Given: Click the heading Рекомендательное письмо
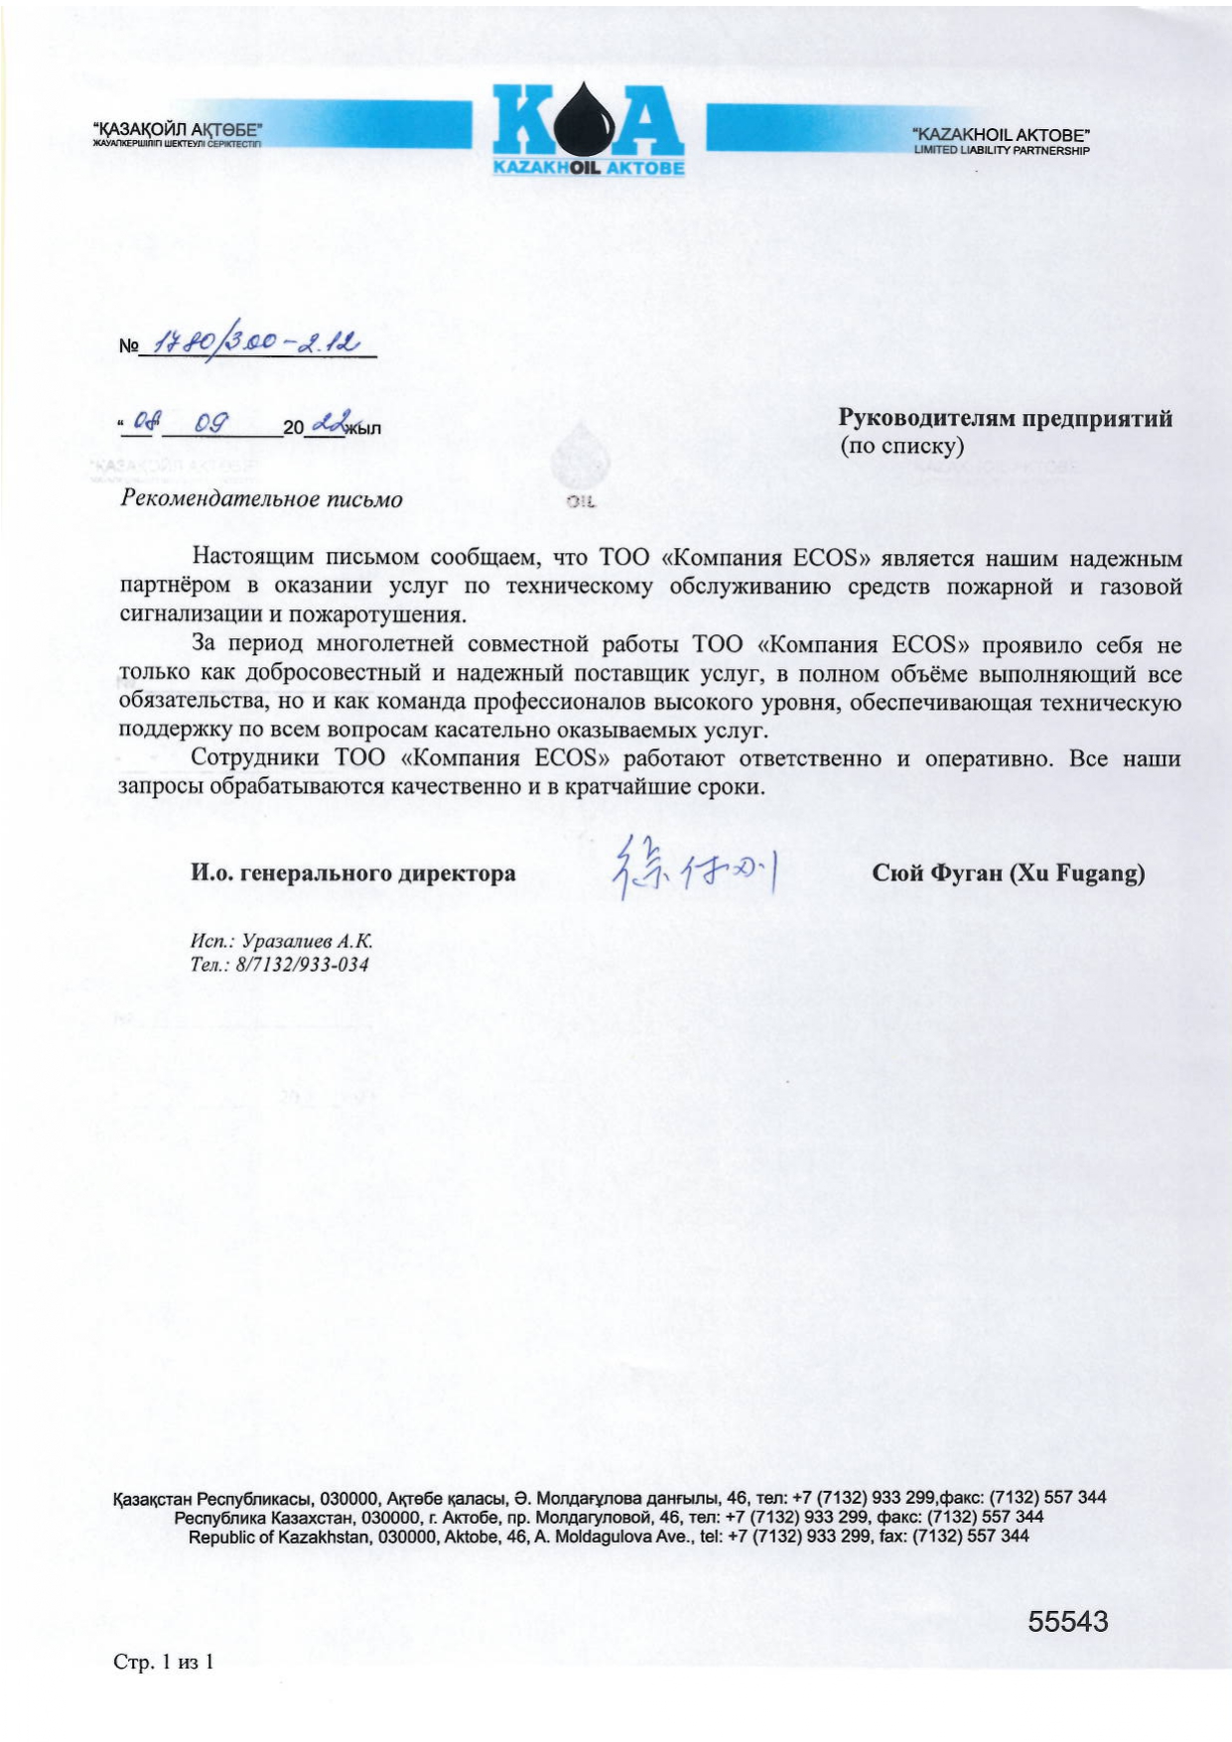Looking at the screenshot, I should (x=261, y=498).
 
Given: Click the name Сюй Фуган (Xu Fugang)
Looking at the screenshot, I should (x=1008, y=873).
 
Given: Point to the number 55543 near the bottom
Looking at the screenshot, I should (x=1067, y=1621).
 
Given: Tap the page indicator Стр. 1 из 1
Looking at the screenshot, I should (x=164, y=1662).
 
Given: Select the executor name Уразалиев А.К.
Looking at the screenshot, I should (x=308, y=940).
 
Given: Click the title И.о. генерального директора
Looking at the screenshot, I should (x=352, y=873).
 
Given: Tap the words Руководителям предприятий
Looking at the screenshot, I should (x=1005, y=418).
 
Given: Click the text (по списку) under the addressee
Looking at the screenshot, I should (x=901, y=445).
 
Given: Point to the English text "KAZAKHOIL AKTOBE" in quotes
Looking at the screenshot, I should (x=1001, y=134).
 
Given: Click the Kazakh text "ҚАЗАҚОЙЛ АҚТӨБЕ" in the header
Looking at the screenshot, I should (x=177, y=129).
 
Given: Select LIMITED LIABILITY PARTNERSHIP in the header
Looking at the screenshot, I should (x=1001, y=151).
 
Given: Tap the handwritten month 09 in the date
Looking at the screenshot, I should (x=211, y=423).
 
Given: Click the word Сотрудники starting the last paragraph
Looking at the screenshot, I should (x=254, y=758).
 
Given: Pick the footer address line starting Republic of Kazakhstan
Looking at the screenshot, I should (x=608, y=1537).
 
